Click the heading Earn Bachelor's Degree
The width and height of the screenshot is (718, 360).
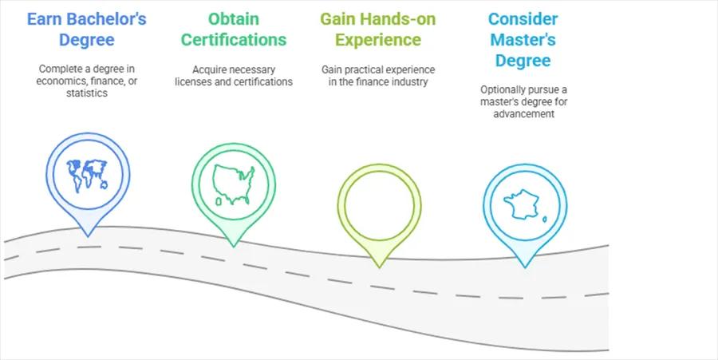[87, 30]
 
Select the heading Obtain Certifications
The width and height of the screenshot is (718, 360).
[234, 30]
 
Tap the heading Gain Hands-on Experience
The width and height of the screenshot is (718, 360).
[378, 30]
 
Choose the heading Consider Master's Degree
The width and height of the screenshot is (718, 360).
[523, 40]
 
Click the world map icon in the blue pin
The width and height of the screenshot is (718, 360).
[88, 176]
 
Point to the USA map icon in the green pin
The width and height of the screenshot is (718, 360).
[233, 184]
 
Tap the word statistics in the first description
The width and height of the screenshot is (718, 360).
[87, 93]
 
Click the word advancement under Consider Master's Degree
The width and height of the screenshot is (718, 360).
[524, 113]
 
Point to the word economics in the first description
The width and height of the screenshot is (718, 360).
[56, 81]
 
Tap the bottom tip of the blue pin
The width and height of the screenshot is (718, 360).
[88, 236]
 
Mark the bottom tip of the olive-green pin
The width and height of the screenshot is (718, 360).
[379, 267]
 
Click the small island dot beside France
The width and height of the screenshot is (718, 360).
[544, 220]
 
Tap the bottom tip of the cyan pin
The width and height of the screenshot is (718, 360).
[525, 267]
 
